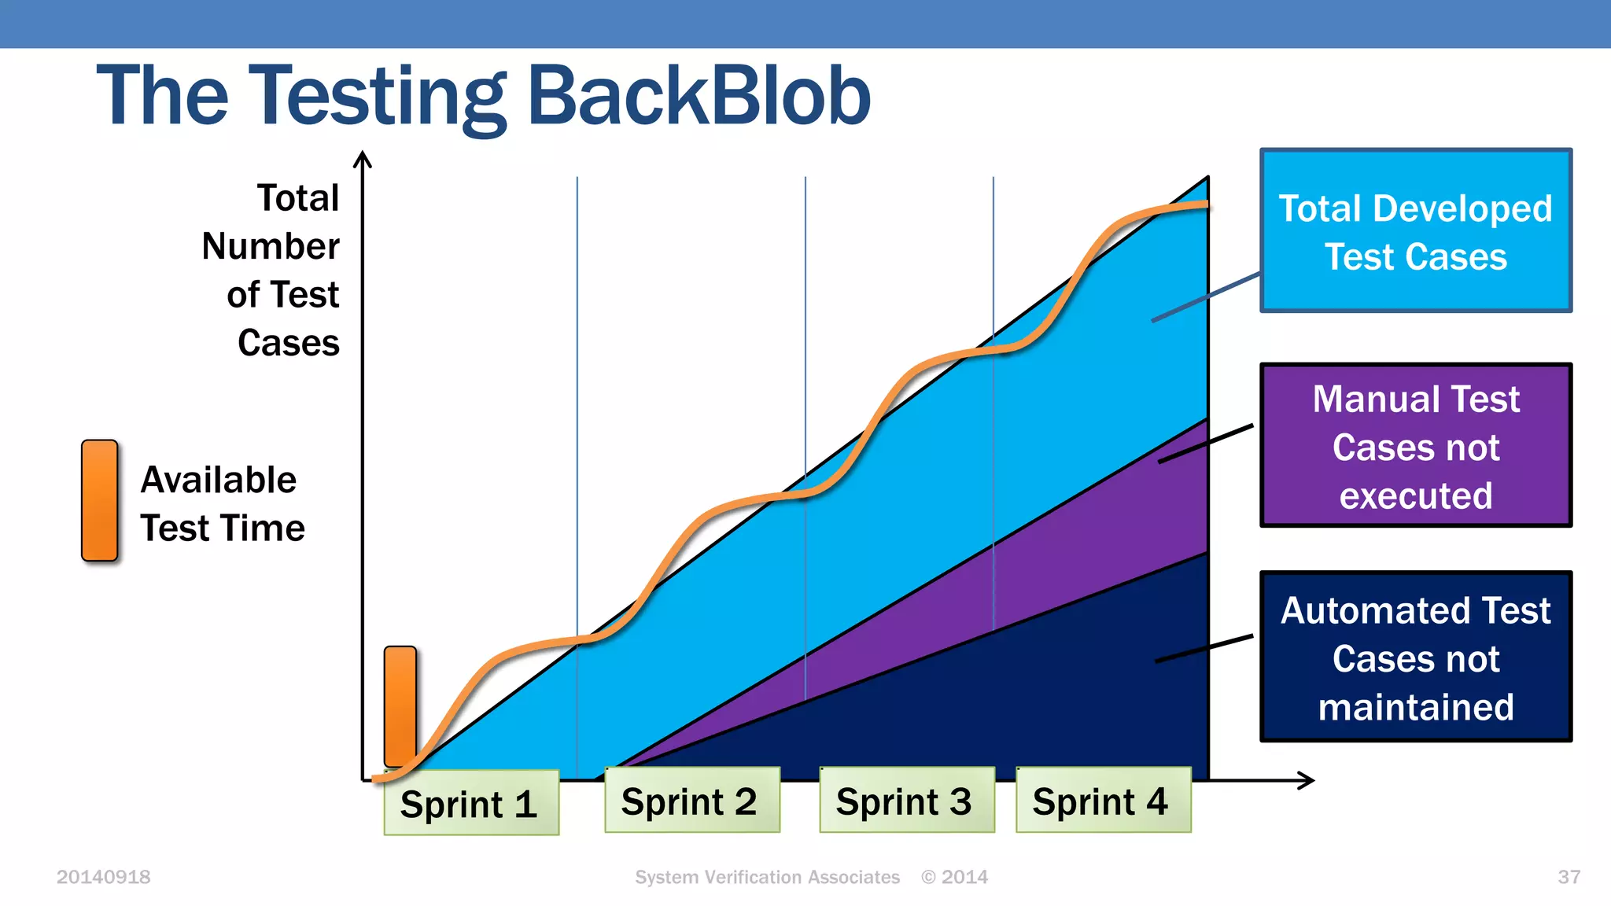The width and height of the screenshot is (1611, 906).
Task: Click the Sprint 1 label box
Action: [471, 803]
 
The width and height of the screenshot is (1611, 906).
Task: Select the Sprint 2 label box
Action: [691, 801]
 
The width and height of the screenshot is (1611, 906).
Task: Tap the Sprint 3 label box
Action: [906, 801]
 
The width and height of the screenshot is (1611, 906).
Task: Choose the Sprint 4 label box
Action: [1103, 801]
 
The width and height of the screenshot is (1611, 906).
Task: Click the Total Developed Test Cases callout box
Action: [1415, 230]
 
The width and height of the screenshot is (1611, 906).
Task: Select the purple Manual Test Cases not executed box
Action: [1415, 446]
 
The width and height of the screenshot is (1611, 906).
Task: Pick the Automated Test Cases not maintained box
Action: [1415, 657]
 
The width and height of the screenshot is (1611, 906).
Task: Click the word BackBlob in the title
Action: [699, 96]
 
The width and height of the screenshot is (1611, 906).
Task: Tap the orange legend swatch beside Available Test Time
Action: [100, 501]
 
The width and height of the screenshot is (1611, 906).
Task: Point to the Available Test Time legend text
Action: [222, 503]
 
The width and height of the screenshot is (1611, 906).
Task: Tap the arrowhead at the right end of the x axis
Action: [1307, 780]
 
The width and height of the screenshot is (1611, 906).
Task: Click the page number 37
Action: [1569, 877]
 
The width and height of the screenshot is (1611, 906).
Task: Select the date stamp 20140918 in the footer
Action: [103, 877]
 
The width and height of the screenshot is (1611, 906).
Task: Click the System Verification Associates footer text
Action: [767, 877]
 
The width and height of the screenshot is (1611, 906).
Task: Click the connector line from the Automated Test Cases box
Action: [1204, 649]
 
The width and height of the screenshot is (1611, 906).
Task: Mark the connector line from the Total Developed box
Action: [1206, 297]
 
